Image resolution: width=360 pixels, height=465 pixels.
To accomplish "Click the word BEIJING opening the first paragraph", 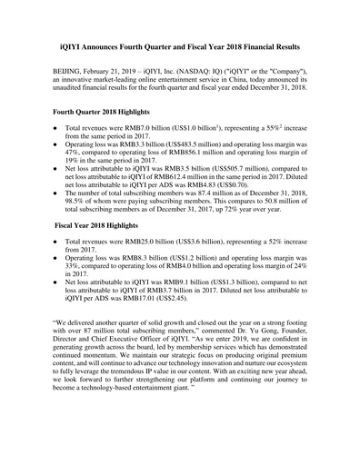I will click(72, 69).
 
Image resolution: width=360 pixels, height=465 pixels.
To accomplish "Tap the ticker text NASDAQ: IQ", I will click(235, 69).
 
